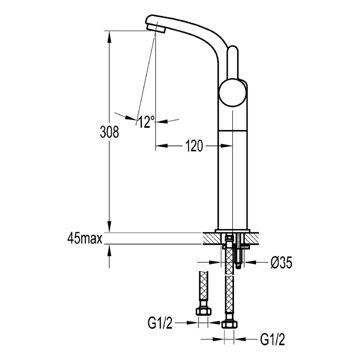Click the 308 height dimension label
[109, 132]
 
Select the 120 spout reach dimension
[194, 146]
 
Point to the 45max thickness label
[85, 238]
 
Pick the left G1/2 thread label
[160, 323]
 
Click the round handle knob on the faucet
[232, 93]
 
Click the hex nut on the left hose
[203, 311]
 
